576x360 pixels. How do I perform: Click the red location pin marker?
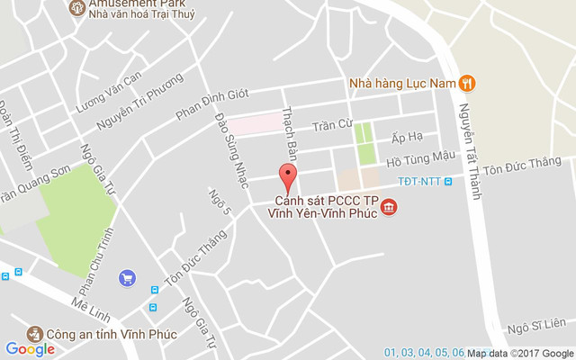coord(288,175)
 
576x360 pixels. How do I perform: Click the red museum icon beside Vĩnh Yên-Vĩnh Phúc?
coord(389,209)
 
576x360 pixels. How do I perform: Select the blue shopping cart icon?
coord(127,279)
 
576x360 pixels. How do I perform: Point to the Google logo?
coord(30,349)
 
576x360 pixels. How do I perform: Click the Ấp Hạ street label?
coord(407,137)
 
